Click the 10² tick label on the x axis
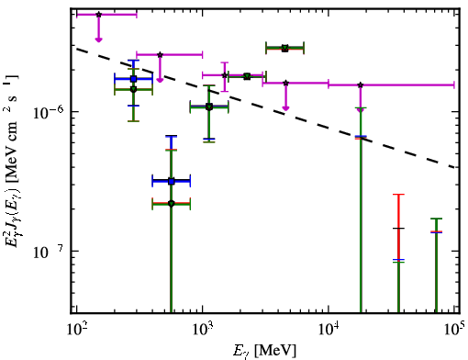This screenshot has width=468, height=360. pos(76,329)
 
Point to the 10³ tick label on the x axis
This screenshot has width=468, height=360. pos(203,329)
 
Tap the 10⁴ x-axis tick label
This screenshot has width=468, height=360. pos(329,329)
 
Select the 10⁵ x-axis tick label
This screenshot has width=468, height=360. pos(455,329)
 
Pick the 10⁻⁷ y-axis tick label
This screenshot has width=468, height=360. pos(48,252)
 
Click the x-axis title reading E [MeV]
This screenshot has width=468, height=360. pos(265,351)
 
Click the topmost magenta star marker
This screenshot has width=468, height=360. pos(98,15)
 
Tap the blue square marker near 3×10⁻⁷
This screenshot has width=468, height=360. pos(172,182)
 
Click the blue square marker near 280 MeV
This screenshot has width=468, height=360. pos(133,79)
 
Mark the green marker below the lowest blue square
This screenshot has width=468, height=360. pos(172,204)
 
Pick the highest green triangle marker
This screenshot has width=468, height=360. pos(284,48)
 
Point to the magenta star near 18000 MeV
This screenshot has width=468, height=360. pos(361,84)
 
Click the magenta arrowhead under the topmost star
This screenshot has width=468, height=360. pos(98,39)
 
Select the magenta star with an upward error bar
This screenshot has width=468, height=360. pos(225,75)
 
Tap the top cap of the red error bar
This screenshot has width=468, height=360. pos(398,195)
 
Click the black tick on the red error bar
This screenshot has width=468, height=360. pos(398,228)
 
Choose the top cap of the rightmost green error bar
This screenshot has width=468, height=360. pos(436,219)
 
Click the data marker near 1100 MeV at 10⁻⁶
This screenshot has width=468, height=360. pos(209,107)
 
